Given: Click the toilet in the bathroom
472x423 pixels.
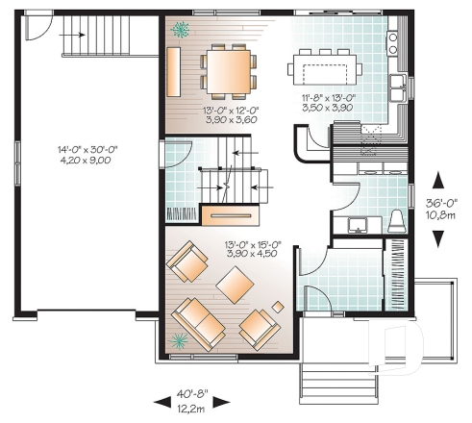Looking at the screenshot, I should pos(397,222).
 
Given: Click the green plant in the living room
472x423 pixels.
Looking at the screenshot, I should pos(180,338).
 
